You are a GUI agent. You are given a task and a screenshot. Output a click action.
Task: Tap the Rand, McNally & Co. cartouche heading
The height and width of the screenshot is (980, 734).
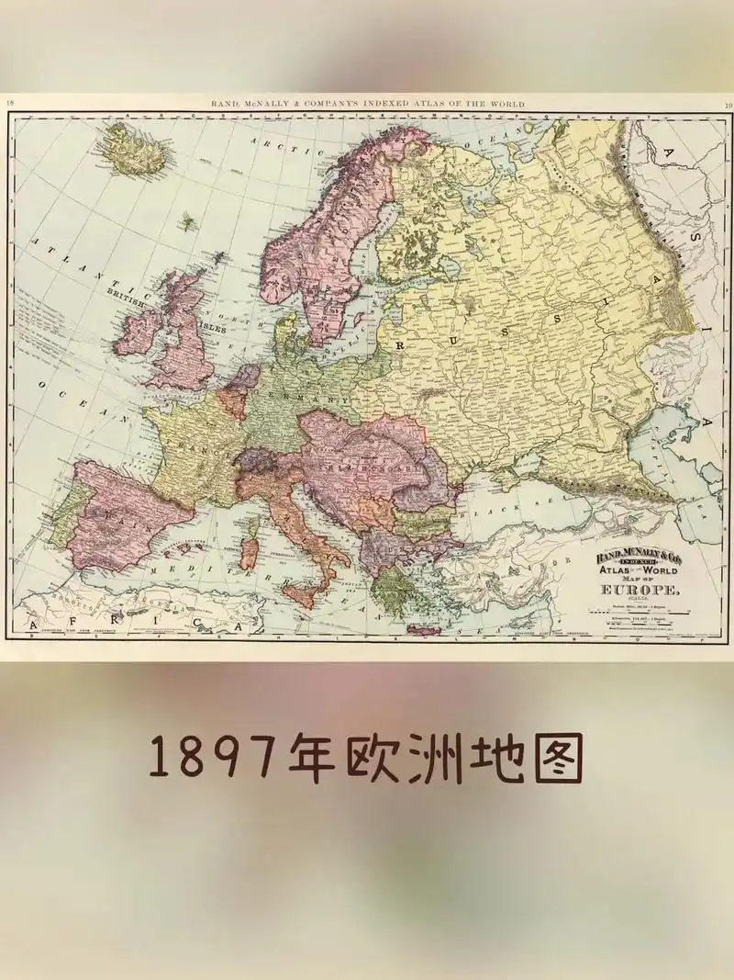627,557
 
